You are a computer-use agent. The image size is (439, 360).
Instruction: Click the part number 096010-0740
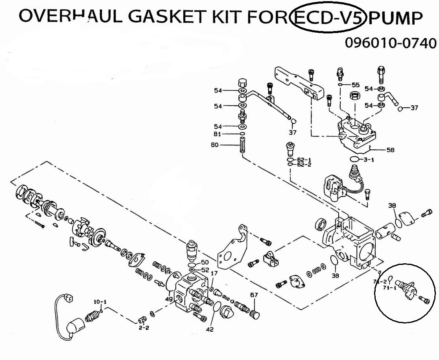coord(390,42)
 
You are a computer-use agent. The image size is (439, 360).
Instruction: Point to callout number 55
coord(355,85)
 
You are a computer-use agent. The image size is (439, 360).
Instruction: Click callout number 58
coord(390,150)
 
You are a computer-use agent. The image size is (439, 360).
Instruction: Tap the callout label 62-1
coord(304,160)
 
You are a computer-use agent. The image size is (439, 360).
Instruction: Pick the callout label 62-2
coord(304,165)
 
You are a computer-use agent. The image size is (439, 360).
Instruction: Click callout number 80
coord(225,145)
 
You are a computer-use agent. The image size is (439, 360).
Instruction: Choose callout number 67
coord(254,295)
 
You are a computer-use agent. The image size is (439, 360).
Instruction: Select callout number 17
coord(214,273)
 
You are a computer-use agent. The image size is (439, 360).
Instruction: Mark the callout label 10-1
coord(100,302)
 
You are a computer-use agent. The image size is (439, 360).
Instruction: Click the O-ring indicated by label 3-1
coord(355,159)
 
